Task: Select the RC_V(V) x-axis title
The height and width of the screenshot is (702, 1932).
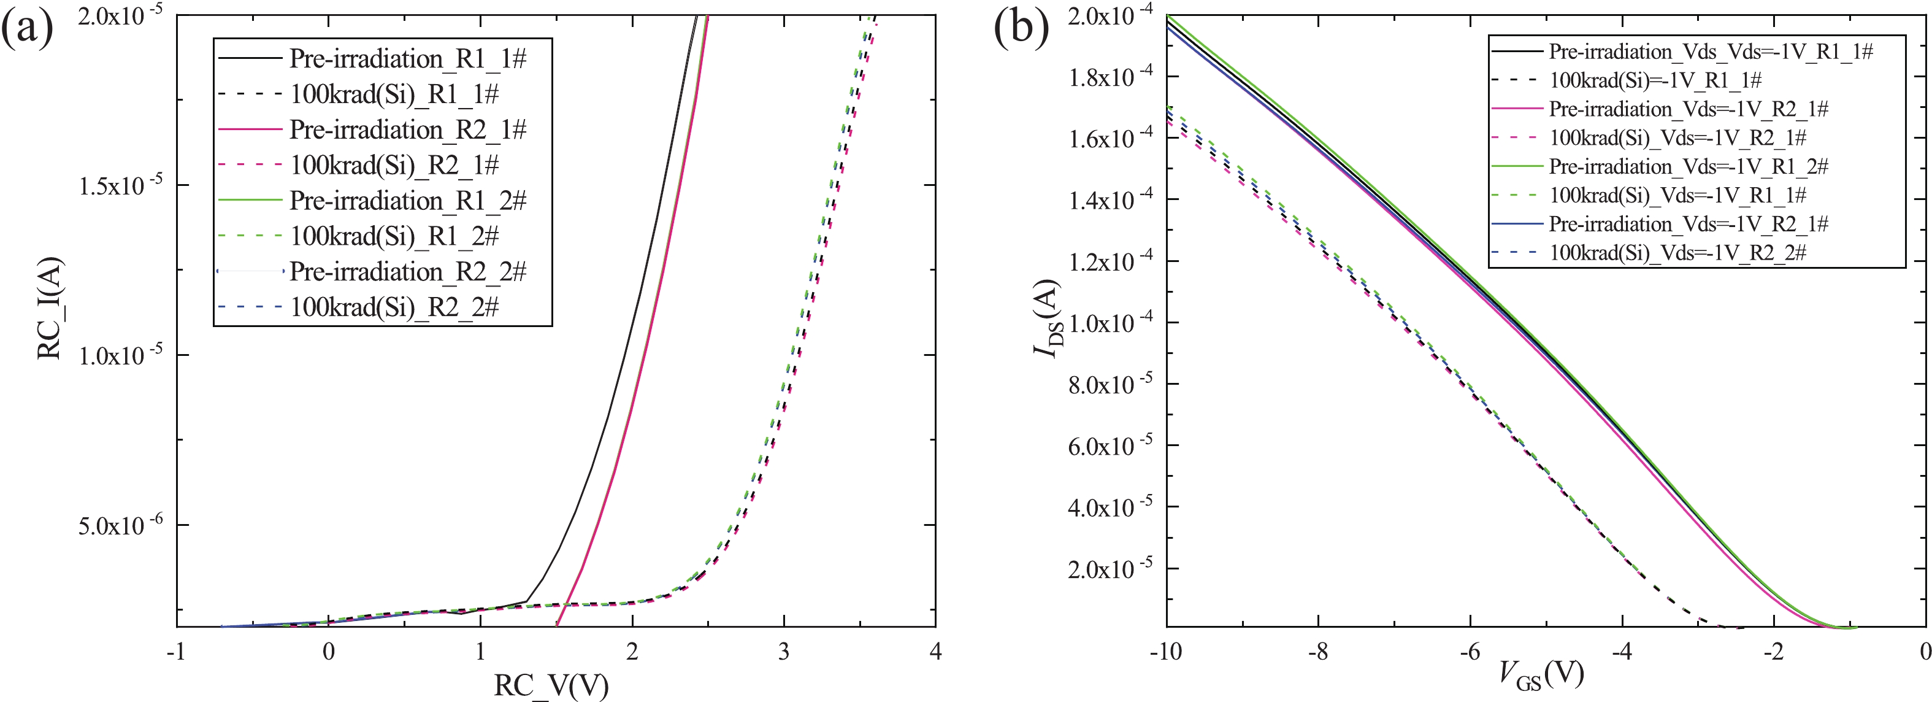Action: [551, 685]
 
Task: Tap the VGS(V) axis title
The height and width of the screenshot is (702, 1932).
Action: [1541, 674]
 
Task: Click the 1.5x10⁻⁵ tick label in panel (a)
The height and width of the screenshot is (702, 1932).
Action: [120, 185]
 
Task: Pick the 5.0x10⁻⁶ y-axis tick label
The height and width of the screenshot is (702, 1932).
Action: [120, 525]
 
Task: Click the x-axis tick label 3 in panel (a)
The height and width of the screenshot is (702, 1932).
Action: [784, 651]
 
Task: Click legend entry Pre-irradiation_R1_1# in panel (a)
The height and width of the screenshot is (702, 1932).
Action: [407, 58]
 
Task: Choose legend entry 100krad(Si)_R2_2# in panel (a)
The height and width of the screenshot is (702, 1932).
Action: [394, 307]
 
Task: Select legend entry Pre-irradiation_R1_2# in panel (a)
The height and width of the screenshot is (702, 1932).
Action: [407, 200]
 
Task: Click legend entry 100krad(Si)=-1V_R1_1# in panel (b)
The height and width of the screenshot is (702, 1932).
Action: [1655, 80]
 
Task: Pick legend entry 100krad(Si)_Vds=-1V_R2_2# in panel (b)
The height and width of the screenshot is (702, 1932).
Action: [1677, 253]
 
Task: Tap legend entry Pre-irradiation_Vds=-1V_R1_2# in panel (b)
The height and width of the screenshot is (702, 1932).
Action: [1689, 166]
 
